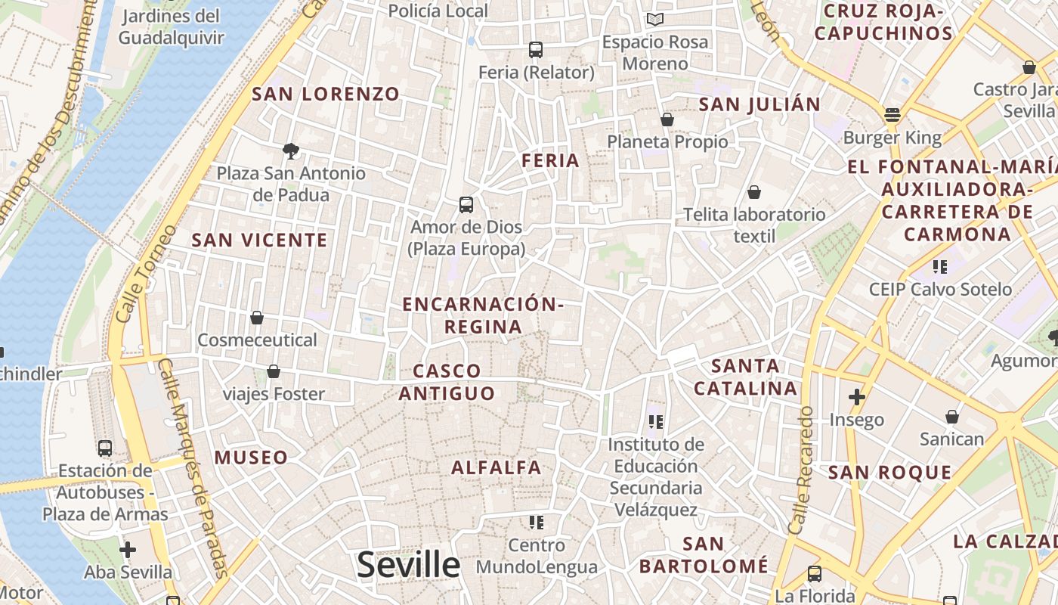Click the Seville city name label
click(x=408, y=565)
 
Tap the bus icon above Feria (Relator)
click(x=536, y=50)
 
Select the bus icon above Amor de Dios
click(x=466, y=204)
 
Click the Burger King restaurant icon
click(x=892, y=116)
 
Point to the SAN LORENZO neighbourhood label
click(x=326, y=95)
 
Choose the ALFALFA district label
click(x=497, y=467)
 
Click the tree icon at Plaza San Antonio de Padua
click(x=290, y=151)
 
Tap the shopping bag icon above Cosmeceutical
click(x=257, y=318)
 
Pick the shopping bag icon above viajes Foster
click(x=274, y=371)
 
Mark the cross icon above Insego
click(x=856, y=396)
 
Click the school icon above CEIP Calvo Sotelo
click(x=939, y=266)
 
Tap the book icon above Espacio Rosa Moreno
click(x=655, y=19)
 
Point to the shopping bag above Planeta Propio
click(x=667, y=119)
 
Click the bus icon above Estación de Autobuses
click(x=105, y=448)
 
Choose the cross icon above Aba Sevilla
click(x=128, y=549)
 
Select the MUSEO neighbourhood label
click(x=251, y=458)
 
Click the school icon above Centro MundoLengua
click(x=537, y=522)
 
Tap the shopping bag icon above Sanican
click(x=952, y=417)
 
